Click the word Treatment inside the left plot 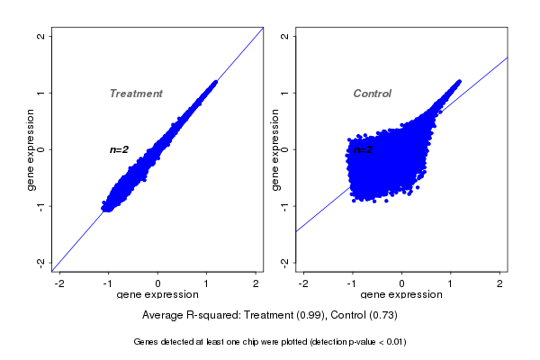(x=136, y=94)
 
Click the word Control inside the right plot (x=373, y=94)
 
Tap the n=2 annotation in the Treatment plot (x=120, y=149)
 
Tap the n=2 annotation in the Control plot (x=364, y=149)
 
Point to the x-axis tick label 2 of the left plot (x=256, y=283)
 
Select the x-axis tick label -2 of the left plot (x=59, y=283)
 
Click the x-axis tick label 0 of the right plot (x=401, y=283)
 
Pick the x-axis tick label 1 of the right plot (x=451, y=283)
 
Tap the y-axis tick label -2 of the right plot (x=285, y=262)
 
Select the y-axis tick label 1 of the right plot (x=285, y=93)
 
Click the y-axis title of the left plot (x=31, y=149)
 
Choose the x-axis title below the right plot (x=401, y=295)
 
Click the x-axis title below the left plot (x=157, y=295)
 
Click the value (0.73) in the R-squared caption (x=383, y=316)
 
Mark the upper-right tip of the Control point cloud (x=458, y=81)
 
